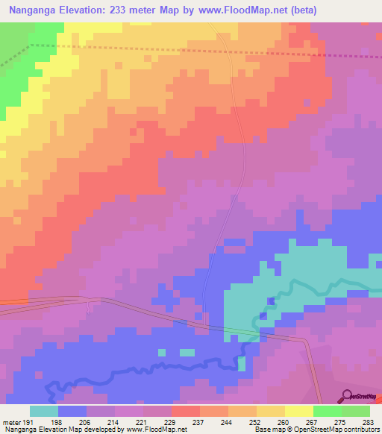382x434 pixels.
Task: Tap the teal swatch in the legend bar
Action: [x=44, y=411]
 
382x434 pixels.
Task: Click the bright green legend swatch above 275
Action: [x=327, y=411]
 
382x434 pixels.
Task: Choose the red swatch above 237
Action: [x=185, y=411]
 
